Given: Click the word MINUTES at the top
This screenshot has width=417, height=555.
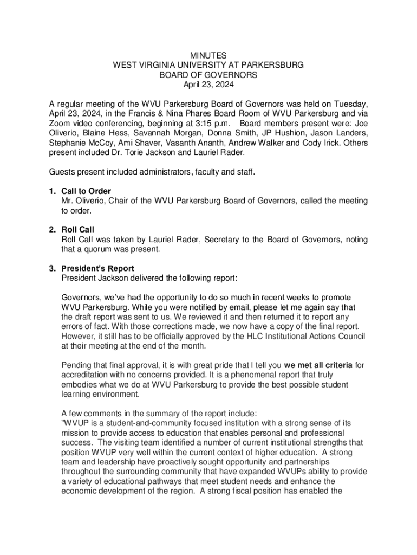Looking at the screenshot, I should (x=208, y=55).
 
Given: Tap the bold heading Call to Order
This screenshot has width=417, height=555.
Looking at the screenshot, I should (x=87, y=191).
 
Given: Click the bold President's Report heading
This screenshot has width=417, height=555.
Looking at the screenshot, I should (x=98, y=269).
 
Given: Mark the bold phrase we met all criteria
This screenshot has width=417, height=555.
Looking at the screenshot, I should (x=318, y=365).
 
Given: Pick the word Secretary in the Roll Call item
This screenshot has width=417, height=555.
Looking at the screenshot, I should (x=221, y=240).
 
